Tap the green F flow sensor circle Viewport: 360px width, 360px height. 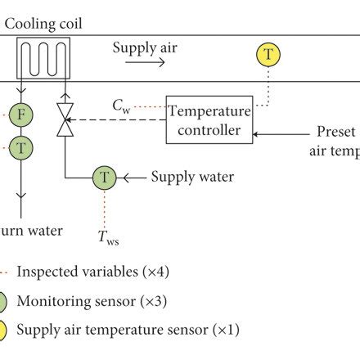(x=22, y=116)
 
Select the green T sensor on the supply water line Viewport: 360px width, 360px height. (x=104, y=177)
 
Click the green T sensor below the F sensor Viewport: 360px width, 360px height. (x=22, y=148)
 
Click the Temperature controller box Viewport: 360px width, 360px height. (x=209, y=119)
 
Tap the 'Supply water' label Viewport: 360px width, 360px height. (x=193, y=177)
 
